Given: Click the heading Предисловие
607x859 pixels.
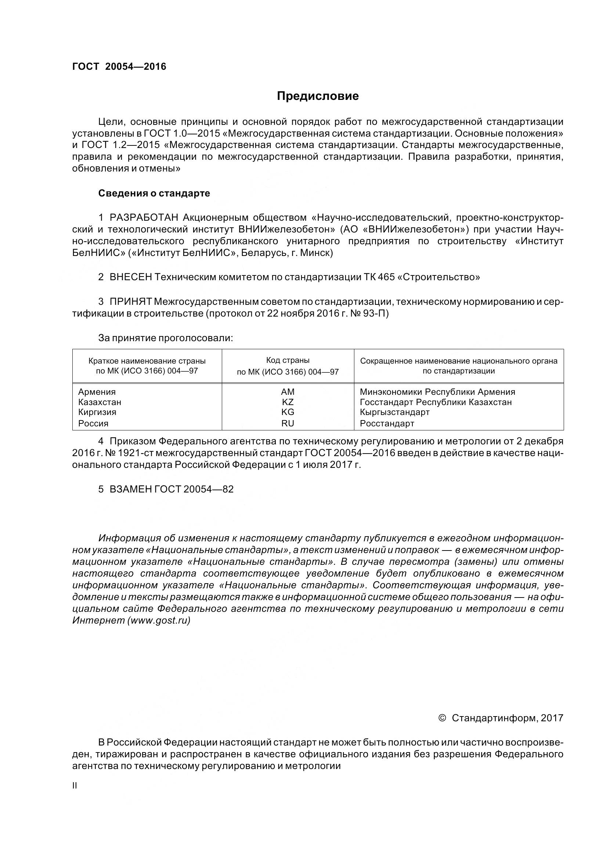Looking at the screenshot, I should [318, 96].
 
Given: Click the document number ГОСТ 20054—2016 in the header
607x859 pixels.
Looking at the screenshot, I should [119, 66].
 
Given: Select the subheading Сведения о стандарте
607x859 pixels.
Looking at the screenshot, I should [154, 194].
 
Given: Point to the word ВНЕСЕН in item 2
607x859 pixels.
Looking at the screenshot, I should [130, 277].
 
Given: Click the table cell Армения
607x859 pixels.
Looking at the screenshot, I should [97, 392].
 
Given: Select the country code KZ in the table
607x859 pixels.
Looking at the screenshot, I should [288, 402].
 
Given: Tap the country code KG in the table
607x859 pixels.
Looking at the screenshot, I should [288, 412].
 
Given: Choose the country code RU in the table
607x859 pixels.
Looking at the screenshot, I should [288, 423].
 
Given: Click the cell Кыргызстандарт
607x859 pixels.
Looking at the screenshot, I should [395, 412].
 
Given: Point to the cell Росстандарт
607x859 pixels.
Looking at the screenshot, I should [387, 423].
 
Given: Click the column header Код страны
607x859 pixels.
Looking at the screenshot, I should [288, 360].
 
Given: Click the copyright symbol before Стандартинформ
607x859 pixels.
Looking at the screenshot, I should [442, 718].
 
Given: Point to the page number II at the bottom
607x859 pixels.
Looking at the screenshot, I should [75, 786].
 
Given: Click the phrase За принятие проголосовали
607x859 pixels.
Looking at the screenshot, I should [166, 338].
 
